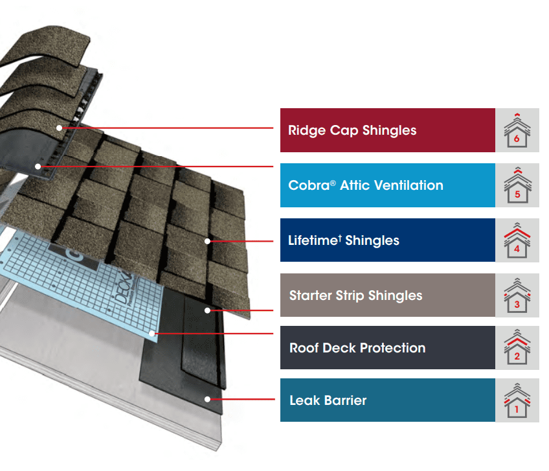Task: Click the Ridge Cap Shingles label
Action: (x=352, y=130)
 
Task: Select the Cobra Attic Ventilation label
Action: (x=366, y=185)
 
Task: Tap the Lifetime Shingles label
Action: (x=344, y=240)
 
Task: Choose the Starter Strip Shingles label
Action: (x=355, y=295)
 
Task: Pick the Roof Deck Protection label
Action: (x=357, y=348)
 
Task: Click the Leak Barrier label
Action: (x=328, y=400)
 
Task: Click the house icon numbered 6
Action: (x=517, y=130)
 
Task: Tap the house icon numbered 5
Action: (x=517, y=185)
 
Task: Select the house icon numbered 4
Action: (x=517, y=240)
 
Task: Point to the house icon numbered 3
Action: (x=517, y=295)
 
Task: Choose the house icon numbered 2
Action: (x=517, y=347)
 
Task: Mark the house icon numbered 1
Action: (x=517, y=400)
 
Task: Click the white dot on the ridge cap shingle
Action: (x=60, y=128)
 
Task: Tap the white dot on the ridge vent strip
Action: (x=38, y=167)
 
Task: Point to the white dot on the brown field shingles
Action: (x=207, y=241)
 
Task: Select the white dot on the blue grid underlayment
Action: (x=151, y=333)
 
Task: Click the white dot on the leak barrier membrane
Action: (x=207, y=399)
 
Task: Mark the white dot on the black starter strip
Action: (x=207, y=310)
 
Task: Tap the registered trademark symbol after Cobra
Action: (x=333, y=183)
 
